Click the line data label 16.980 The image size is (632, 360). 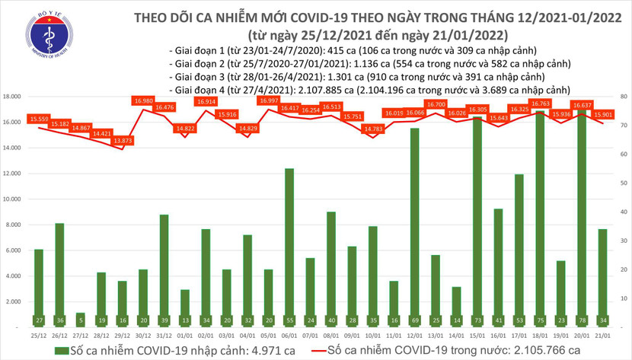(x=143, y=100)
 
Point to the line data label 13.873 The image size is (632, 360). (x=122, y=142)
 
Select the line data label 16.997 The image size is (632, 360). (x=269, y=100)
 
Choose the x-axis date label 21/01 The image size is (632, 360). (x=601, y=335)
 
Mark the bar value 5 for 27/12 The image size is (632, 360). (x=81, y=321)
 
